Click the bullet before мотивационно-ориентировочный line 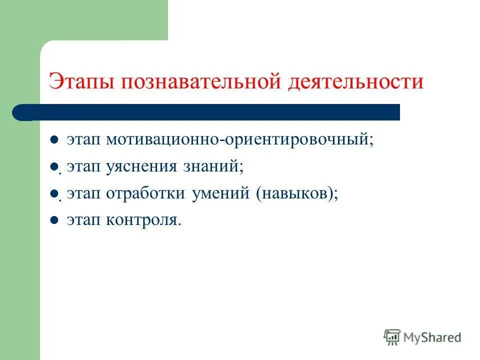pos(55,140)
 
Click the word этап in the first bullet pos(83,140)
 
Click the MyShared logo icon pos(392,337)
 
